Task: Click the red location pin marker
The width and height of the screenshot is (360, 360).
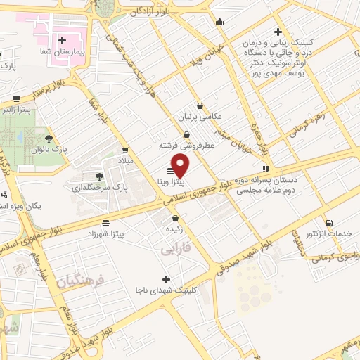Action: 181,166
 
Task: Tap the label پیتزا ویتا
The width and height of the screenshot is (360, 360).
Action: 171,182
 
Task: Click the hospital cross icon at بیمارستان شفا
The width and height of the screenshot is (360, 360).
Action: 64,40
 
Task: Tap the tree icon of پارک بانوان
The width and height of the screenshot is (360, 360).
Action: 49,139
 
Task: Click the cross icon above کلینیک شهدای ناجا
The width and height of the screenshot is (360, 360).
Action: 167,278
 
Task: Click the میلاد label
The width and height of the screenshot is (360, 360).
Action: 125,161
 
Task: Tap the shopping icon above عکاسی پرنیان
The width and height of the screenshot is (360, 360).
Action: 200,105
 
